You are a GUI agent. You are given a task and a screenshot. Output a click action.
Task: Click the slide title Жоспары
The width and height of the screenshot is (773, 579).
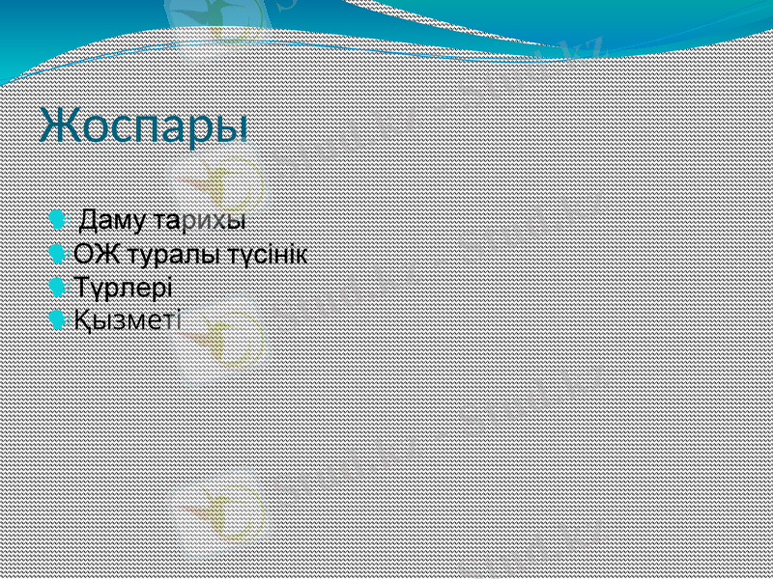143,126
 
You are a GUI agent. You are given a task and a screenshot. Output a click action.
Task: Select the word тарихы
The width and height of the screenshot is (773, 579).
206,220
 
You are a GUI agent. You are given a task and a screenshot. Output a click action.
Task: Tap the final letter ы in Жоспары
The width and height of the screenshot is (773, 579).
231,128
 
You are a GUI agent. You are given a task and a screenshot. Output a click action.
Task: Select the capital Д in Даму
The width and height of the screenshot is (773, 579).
89,220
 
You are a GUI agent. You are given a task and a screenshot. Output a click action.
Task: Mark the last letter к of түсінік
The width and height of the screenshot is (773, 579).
302,256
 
